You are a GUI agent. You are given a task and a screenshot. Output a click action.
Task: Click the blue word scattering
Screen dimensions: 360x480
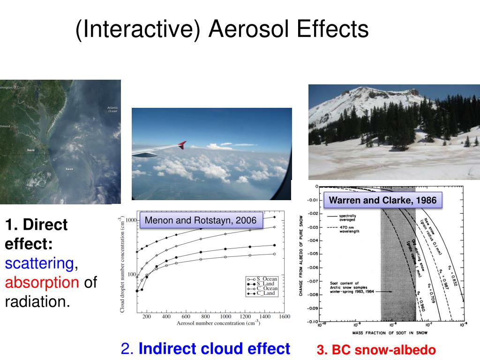click(x=39, y=263)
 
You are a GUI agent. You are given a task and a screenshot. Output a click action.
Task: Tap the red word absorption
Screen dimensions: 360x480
click(x=42, y=282)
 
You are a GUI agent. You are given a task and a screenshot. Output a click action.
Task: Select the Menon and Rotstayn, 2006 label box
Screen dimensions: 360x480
click(x=201, y=220)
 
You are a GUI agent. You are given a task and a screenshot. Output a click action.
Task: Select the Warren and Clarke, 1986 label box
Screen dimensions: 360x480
click(x=382, y=201)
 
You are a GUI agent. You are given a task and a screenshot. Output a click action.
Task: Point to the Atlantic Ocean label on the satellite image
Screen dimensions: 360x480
click(x=112, y=109)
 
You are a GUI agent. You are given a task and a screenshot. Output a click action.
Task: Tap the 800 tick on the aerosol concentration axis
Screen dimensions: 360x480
click(x=205, y=317)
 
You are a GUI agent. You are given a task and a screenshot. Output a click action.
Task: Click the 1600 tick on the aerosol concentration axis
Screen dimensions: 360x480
click(x=284, y=317)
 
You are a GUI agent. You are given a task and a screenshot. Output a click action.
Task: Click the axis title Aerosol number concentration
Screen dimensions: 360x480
click(x=218, y=323)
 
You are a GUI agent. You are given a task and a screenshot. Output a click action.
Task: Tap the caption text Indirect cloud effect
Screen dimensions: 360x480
click(x=214, y=349)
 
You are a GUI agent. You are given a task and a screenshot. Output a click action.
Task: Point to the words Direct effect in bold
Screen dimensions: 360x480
click(x=36, y=234)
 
